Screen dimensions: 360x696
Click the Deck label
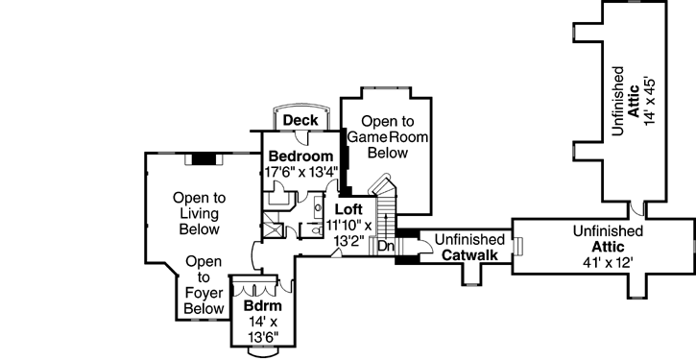click(300, 120)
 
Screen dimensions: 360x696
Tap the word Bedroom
click(300, 156)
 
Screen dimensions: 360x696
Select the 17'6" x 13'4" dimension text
click(300, 173)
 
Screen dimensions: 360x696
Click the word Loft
click(348, 207)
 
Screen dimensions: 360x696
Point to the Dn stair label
click(384, 247)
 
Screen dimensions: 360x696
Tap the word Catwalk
click(469, 255)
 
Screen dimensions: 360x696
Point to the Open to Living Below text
click(199, 213)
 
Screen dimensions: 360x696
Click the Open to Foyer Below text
click(203, 285)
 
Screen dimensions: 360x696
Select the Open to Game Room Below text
click(388, 136)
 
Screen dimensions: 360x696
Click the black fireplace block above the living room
click(204, 158)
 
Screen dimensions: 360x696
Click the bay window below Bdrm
click(260, 349)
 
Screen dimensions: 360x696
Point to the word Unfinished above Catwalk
click(469, 239)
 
